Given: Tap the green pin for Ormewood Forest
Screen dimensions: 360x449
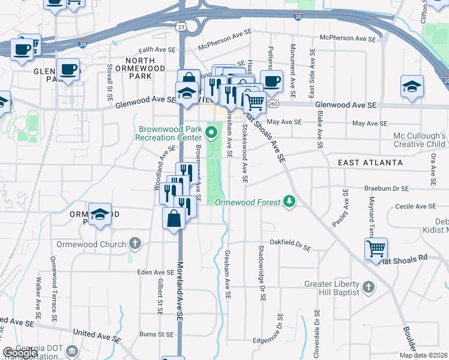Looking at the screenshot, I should tap(290, 201).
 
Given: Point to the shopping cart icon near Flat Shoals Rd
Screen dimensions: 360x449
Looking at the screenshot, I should tap(376, 248).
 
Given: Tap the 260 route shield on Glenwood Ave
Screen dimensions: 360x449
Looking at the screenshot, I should tap(273, 104).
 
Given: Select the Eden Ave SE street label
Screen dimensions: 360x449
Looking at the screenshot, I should tap(156, 272).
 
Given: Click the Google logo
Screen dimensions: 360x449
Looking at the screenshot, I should tap(20, 352).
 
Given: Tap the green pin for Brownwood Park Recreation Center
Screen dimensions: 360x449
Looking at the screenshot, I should tap(211, 131).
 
